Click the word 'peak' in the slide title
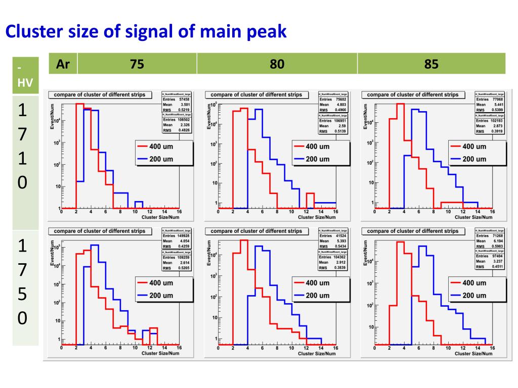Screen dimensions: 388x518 point(267,32)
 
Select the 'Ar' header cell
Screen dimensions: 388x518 point(63,64)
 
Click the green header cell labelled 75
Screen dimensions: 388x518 point(137,64)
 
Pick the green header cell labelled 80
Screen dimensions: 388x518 point(277,64)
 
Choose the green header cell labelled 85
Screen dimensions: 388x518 point(431,64)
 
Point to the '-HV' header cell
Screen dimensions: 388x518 point(25,74)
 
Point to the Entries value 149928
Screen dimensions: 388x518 point(182,236)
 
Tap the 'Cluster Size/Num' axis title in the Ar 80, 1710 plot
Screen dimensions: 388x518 point(317,217)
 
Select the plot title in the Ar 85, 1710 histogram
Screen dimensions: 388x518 point(413,94)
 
